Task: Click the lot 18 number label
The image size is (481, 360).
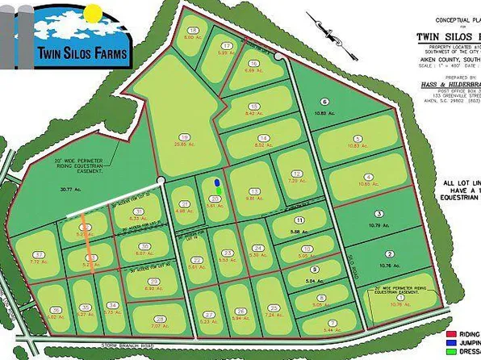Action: tap(194, 29)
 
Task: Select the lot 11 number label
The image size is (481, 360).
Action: tap(299, 220)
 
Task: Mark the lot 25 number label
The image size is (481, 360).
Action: tap(274, 308)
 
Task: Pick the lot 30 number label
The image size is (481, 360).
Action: tap(145, 248)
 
